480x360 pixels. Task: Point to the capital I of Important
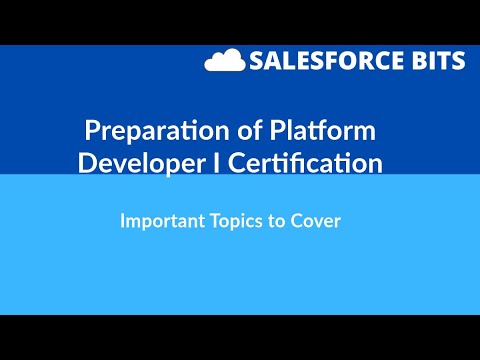pos(122,220)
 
